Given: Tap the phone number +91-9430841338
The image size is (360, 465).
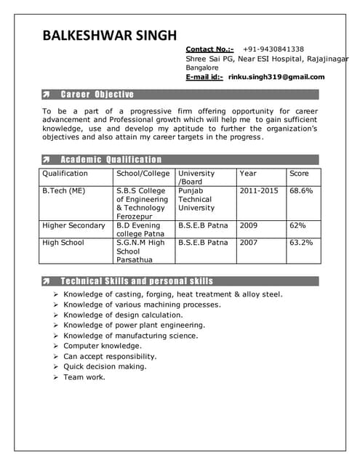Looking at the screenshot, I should click(x=273, y=49).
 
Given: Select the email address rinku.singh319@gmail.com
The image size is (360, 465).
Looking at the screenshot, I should click(x=276, y=76).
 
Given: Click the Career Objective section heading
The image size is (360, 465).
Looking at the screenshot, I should click(x=97, y=94).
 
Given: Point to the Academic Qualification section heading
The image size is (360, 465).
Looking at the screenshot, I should click(x=111, y=159).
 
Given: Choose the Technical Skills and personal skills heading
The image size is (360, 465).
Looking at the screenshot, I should click(x=137, y=280).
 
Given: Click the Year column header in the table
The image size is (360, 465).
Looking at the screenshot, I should click(x=248, y=174).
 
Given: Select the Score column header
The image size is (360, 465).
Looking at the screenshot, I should click(x=299, y=174).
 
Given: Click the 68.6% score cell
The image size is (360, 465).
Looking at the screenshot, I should click(x=301, y=190).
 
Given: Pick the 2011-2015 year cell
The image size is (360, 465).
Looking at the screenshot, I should click(x=259, y=190).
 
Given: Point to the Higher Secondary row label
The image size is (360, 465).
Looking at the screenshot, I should click(x=73, y=225).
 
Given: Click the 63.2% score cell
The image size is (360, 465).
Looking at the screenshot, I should click(x=301, y=243).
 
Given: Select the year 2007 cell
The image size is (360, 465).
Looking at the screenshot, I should click(x=249, y=243).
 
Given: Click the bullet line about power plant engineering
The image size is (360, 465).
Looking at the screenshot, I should click(x=134, y=325).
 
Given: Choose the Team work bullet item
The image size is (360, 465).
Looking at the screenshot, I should click(x=84, y=377).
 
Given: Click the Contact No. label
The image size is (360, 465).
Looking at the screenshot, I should click(x=209, y=49).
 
